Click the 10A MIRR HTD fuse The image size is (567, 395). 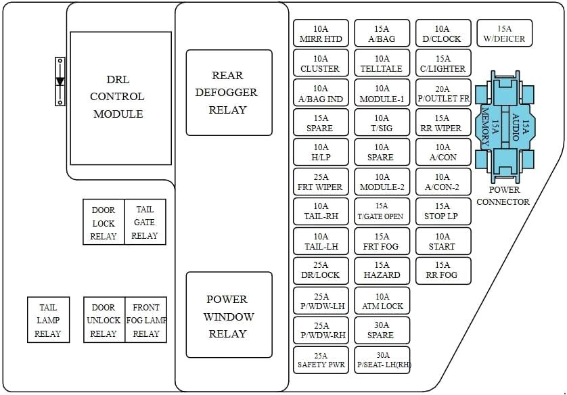point(321,34)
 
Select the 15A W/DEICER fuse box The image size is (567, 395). point(504,34)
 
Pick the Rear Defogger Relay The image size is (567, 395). point(229,93)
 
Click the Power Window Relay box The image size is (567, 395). point(229,315)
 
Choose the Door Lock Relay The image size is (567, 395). point(104,223)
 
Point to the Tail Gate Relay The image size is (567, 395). point(145,223)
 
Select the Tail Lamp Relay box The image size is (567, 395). point(48,320)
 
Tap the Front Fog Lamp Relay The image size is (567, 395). point(146,320)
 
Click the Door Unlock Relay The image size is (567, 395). point(104,320)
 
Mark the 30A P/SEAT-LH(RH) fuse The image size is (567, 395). point(382,360)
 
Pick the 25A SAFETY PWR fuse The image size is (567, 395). point(321,360)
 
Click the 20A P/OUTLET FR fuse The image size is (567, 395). point(443,93)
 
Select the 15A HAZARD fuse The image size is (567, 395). point(382,270)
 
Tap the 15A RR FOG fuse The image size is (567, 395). point(443,270)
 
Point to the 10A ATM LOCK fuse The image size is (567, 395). point(382,301)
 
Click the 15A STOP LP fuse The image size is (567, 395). point(443,211)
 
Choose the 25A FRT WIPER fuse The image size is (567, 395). point(321,182)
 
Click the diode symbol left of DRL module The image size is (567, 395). point(60,82)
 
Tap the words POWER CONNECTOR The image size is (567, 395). point(503,195)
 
